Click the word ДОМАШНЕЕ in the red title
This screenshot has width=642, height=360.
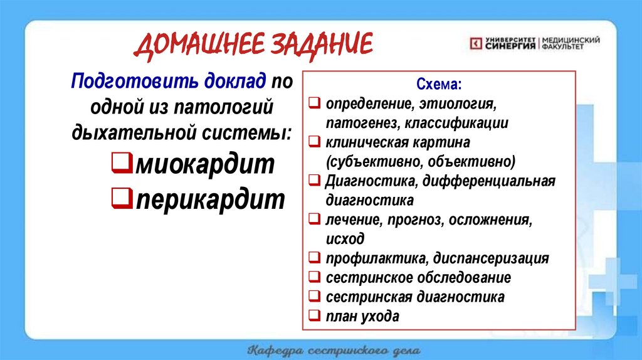click(x=199, y=48)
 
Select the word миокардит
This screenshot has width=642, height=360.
click(x=204, y=165)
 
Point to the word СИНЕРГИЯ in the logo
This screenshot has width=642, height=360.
click(x=510, y=46)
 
